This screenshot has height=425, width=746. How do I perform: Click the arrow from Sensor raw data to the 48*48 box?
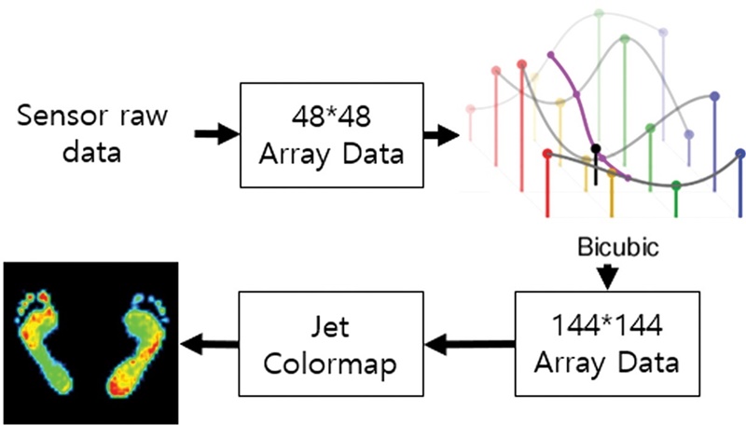tap(215, 134)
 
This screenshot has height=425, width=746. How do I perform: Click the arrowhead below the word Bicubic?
tap(607, 277)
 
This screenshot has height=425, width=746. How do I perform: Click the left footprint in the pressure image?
tap(45, 340)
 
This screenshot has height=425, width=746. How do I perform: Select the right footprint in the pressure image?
tap(138, 340)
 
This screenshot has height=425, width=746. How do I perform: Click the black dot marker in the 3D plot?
tap(596, 149)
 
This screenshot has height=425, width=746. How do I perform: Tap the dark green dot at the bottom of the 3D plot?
tap(676, 185)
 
